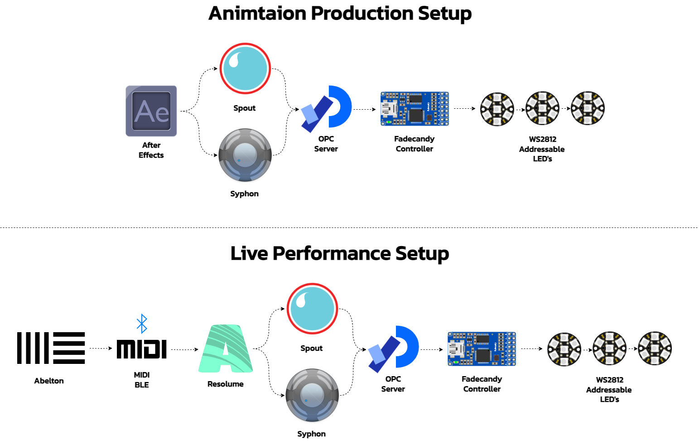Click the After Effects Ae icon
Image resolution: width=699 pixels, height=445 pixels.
click(151, 111)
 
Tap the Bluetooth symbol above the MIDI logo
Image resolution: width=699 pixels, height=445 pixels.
click(142, 324)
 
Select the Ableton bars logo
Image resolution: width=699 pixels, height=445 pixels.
click(51, 348)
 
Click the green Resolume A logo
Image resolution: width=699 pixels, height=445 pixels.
click(226, 348)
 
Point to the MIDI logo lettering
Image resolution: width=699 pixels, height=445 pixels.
click(142, 349)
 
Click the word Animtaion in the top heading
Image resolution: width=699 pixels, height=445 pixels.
click(257, 14)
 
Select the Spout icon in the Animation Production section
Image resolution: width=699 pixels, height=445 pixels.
click(245, 68)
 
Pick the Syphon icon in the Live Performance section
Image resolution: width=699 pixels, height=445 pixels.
click(313, 395)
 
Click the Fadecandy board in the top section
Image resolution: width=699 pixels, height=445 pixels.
click(415, 109)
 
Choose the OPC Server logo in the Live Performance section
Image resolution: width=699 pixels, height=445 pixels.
click(394, 349)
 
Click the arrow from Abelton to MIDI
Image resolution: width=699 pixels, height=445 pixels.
click(101, 348)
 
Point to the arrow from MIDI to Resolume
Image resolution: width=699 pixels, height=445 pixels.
click(185, 349)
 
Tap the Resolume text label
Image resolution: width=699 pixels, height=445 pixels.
click(226, 384)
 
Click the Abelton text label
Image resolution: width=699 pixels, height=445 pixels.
click(49, 381)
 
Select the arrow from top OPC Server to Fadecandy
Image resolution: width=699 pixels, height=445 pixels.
click(365, 109)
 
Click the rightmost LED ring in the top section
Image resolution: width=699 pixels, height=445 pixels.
click(588, 108)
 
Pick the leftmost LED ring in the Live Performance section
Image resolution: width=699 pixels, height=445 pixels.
click(564, 349)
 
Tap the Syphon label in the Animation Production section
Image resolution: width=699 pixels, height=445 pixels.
click(244, 194)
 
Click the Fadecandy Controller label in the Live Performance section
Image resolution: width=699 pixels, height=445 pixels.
click(482, 384)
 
